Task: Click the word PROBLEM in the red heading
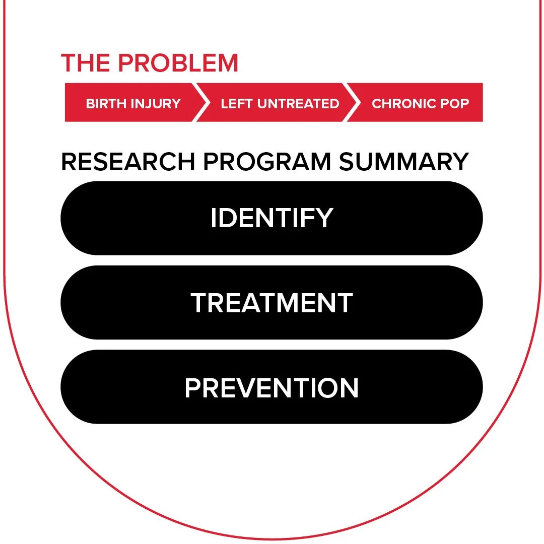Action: pos(178,63)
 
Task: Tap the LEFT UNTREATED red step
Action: pos(280,103)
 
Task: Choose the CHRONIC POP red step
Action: pos(420,103)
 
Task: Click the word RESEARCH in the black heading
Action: pos(128,162)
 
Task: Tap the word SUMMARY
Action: pos(404,162)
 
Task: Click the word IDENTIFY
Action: pos(271,218)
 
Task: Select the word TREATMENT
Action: pos(271,303)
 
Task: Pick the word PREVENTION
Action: pos(271,388)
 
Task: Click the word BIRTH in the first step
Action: pos(106,104)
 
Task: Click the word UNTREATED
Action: pos(298,104)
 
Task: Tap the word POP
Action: pos(455,104)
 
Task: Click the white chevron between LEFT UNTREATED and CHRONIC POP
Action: pos(353,103)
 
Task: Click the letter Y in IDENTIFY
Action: pos(325,218)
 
